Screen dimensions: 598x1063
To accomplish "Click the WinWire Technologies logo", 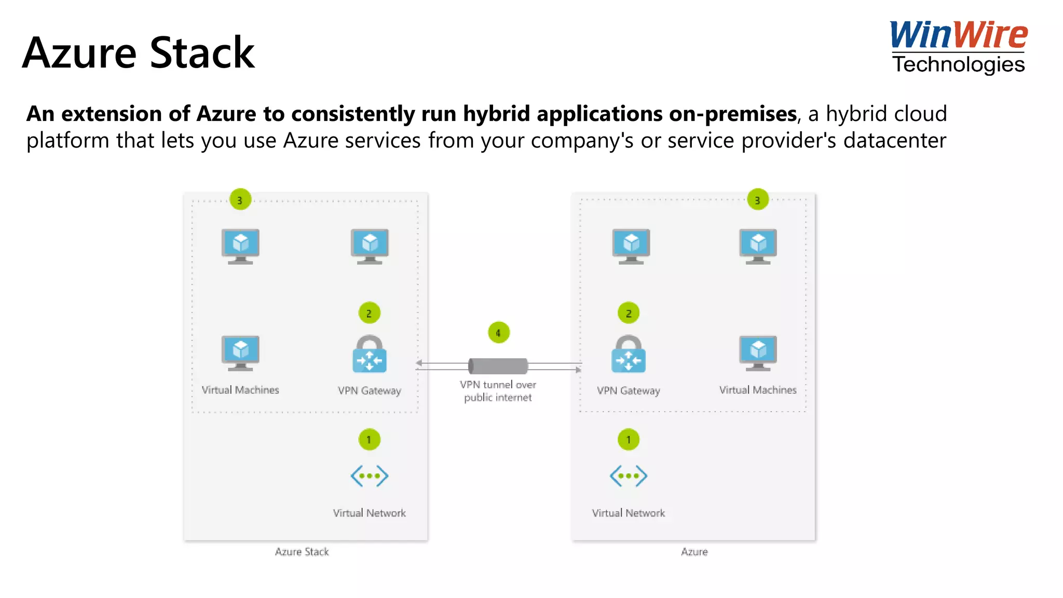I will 958,47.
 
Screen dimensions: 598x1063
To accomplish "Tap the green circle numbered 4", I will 499,333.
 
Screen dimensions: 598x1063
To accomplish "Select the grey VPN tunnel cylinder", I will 498,366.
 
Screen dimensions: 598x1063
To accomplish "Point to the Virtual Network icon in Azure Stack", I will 370,475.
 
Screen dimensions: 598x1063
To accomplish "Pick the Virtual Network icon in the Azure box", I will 629,475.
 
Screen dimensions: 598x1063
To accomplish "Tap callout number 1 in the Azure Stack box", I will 370,440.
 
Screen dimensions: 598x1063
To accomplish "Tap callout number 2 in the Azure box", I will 629,313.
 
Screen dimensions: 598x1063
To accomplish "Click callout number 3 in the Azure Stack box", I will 240,200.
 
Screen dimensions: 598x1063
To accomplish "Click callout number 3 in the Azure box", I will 758,200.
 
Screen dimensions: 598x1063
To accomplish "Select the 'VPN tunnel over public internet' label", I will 498,391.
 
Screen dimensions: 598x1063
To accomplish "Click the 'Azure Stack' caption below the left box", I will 302,552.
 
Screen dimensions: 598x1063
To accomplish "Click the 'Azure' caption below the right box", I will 694,552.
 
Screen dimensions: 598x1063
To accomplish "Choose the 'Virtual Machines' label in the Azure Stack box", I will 240,390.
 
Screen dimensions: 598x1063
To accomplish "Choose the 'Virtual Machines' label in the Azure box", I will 758,390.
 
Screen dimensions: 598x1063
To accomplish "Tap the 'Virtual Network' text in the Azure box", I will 629,513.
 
